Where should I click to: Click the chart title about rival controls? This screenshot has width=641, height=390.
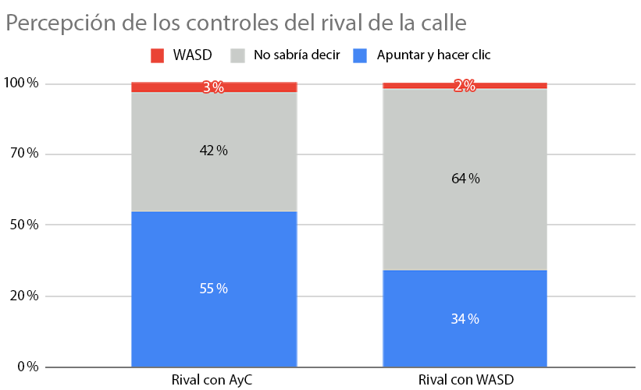click(x=236, y=23)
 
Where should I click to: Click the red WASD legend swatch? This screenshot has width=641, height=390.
click(x=158, y=55)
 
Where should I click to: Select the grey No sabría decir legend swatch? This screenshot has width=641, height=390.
click(x=238, y=55)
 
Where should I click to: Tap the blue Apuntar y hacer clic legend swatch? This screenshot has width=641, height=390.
click(x=360, y=55)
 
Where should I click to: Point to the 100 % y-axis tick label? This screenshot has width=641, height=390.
click(x=22, y=83)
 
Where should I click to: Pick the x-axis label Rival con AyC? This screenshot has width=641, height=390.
click(x=213, y=381)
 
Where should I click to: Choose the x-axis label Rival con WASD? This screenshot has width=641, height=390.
click(x=465, y=381)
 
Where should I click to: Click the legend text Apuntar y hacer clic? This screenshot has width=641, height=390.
click(x=433, y=55)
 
